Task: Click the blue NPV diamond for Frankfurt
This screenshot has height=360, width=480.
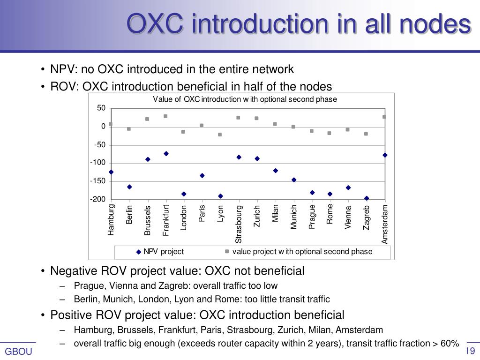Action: click(166, 154)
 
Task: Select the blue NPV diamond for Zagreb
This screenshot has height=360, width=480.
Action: click(367, 198)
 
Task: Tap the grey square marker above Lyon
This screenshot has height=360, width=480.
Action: click(220, 135)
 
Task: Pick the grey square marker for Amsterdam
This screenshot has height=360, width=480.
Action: click(384, 117)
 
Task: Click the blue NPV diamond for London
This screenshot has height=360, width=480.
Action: click(184, 194)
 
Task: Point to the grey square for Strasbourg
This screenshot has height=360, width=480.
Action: click(238, 118)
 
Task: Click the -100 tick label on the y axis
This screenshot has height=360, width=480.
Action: click(98, 163)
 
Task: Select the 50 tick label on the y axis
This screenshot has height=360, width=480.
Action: click(101, 108)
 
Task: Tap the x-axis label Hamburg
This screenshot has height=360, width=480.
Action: click(111, 219)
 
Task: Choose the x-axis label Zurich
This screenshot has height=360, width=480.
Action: click(257, 216)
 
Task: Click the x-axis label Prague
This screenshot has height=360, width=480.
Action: click(312, 217)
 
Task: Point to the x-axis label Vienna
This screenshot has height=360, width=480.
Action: click(348, 217)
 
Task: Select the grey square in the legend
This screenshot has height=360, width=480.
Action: click(227, 251)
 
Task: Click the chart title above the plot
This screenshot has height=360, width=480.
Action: click(245, 99)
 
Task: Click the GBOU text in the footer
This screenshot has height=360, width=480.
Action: click(18, 352)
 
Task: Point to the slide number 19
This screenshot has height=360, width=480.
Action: click(471, 352)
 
